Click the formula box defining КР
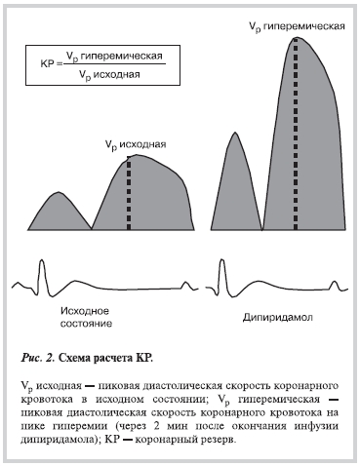point(96,65)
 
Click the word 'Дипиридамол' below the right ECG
point(276,318)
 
